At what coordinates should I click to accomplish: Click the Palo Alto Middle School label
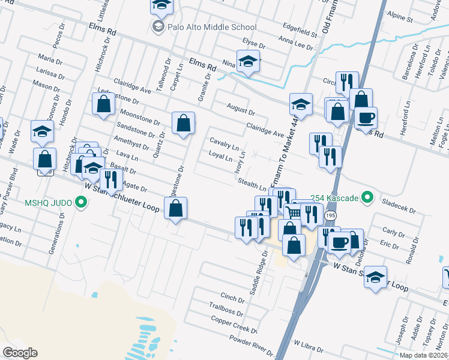(x=212, y=27)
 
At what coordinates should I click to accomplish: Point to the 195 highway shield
(x=331, y=215)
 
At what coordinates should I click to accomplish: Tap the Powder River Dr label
(x=252, y=344)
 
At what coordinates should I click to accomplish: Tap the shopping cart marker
(x=292, y=212)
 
